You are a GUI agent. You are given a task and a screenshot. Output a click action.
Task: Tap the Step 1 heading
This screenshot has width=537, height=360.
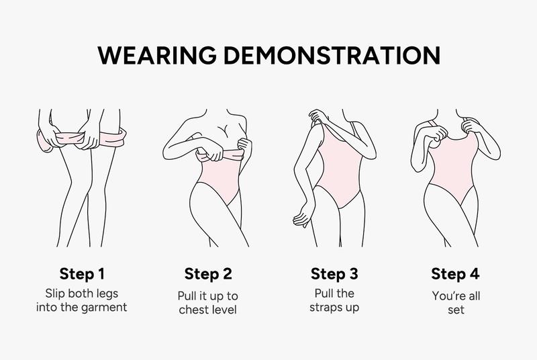pos(83,273)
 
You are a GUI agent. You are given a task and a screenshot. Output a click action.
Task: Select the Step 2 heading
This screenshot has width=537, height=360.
pos(208,273)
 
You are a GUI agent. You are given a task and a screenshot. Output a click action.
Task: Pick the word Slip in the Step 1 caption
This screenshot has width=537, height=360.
pos(56,294)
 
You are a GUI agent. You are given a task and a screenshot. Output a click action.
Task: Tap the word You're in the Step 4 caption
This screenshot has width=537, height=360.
pos(446,296)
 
